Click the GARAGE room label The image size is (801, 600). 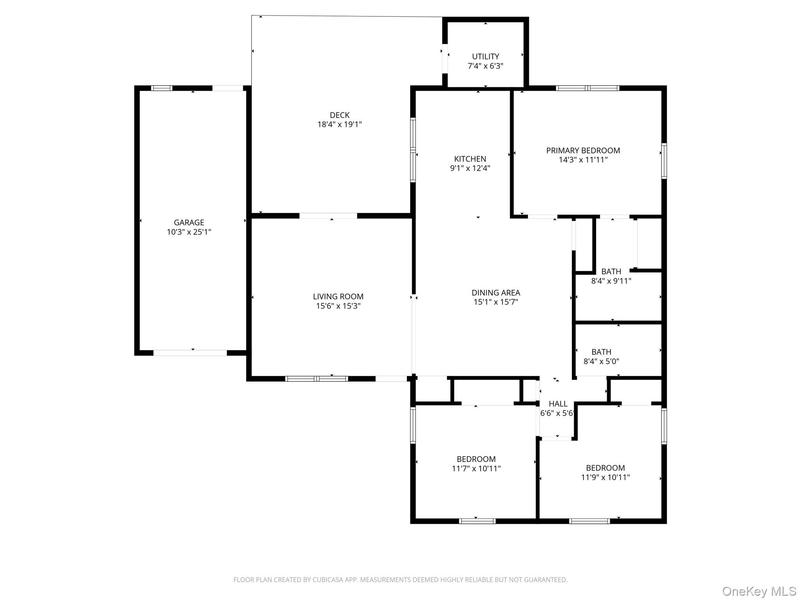(189, 222)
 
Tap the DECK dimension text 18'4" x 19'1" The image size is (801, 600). (339, 125)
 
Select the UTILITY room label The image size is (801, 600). (485, 56)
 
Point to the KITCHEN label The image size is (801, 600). (470, 159)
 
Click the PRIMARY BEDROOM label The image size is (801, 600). (583, 150)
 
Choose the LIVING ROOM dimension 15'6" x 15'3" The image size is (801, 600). (338, 306)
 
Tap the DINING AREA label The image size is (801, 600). (496, 292)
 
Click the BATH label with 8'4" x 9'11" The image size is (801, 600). (611, 271)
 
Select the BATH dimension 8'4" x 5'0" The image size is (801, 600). (601, 361)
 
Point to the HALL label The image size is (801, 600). (558, 404)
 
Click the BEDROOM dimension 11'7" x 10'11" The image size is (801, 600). (476, 468)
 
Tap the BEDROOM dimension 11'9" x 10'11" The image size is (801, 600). (605, 477)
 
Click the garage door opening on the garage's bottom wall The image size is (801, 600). (190, 353)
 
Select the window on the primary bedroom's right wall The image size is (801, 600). (664, 161)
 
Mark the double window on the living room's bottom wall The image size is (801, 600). (316, 379)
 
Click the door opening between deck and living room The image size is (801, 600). (328, 216)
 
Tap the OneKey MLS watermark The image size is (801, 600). (759, 591)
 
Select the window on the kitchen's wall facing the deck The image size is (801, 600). (413, 150)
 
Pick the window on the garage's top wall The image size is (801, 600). (162, 88)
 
